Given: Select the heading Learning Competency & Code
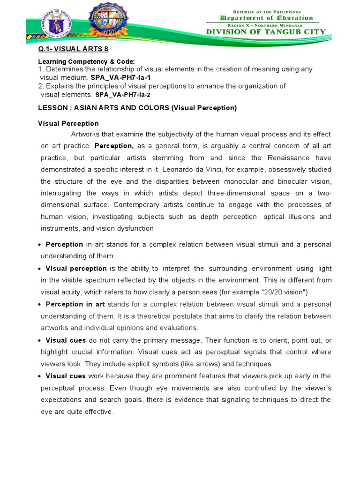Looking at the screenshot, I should tap(86, 62).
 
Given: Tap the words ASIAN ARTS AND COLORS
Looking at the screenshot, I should tap(120, 108).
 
